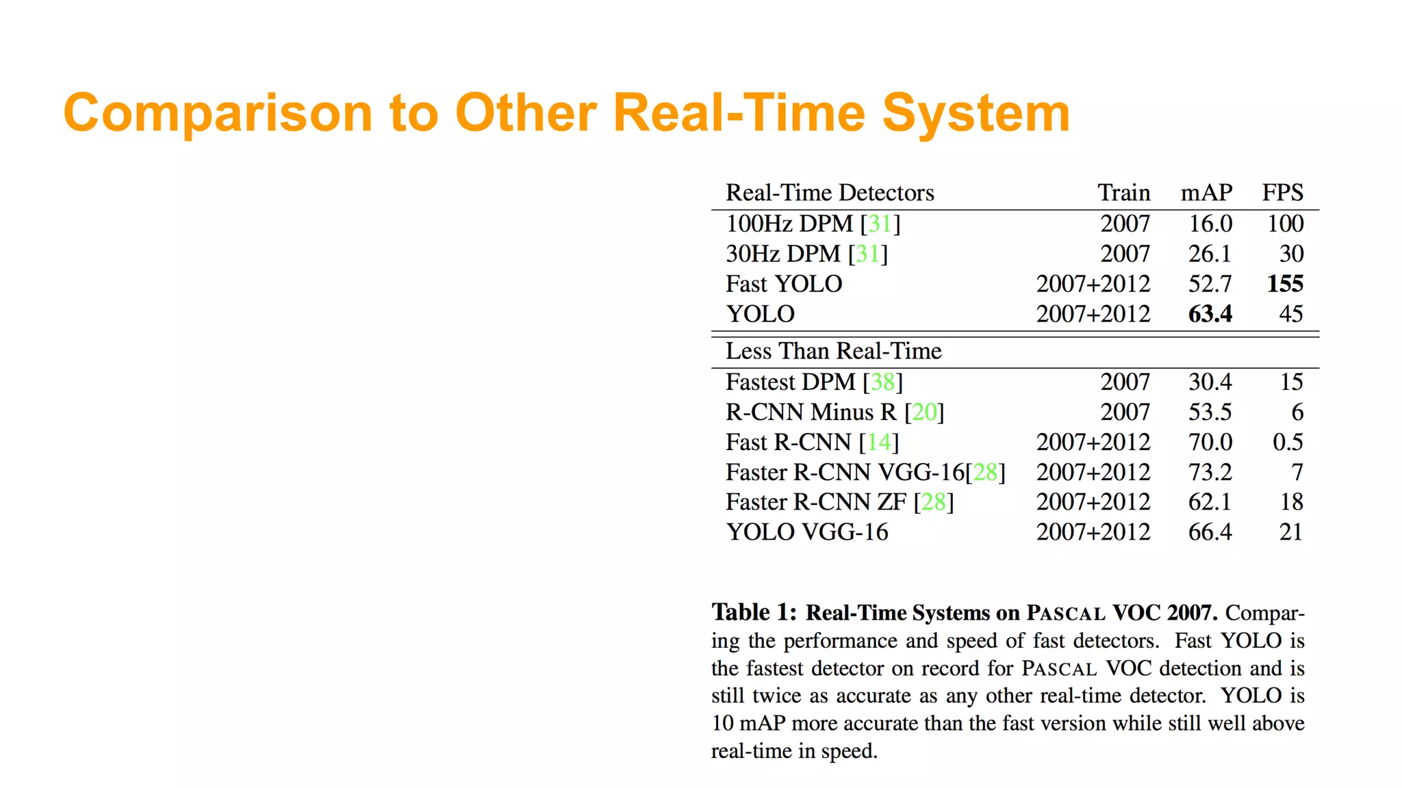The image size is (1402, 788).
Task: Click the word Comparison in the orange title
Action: coord(218,113)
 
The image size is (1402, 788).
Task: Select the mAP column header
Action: coord(1206,193)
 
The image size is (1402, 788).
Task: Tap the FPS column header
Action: coord(1282,193)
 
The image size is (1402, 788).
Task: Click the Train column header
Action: coord(1123,193)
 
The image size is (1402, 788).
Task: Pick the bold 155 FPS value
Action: coord(1285,284)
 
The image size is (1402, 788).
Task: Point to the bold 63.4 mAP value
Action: coord(1210,314)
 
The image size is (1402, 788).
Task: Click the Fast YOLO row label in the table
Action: coord(784,284)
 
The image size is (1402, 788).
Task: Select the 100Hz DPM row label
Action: coord(789,224)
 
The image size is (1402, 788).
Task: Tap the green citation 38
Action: coord(882,382)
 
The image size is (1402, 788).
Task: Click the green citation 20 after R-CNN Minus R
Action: coord(924,412)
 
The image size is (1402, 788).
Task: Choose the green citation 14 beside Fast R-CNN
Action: coord(879,442)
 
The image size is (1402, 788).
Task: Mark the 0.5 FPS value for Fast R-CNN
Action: coord(1287,442)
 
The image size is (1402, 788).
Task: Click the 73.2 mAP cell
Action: coord(1210,472)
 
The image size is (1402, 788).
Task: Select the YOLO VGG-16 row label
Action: coord(807,532)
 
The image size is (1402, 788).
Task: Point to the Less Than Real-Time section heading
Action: coord(833,351)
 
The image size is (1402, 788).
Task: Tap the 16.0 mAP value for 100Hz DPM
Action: coord(1210,224)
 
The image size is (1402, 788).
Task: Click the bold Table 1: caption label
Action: coord(754,612)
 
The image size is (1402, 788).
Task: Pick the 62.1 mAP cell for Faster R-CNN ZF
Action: coord(1210,502)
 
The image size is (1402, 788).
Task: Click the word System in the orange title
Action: coord(976,113)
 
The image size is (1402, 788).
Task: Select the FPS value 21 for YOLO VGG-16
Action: coord(1290,532)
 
